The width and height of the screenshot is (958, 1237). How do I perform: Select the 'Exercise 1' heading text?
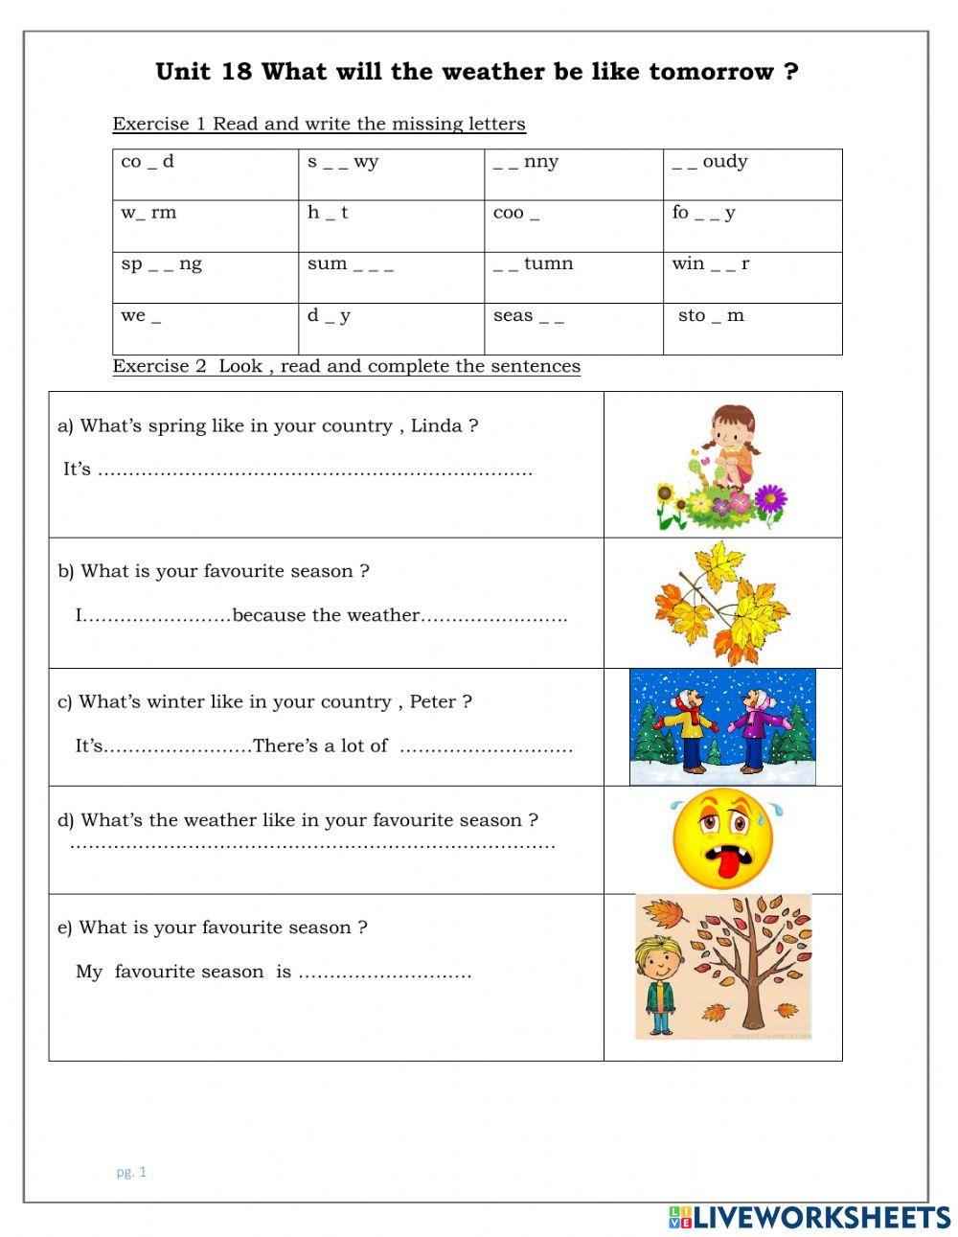159,124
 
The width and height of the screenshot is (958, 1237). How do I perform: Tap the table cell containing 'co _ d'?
205,174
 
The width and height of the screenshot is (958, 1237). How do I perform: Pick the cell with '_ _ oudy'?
752,174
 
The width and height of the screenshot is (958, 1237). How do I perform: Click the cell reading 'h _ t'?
391,226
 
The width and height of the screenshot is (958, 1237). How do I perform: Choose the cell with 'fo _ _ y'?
752,226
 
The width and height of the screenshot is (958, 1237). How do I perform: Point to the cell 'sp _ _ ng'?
205,277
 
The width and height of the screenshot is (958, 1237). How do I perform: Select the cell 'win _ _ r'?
752,277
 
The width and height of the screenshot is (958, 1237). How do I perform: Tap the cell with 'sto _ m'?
752,329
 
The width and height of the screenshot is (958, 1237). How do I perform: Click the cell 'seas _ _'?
573,329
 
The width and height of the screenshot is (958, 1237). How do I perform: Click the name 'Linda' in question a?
436,426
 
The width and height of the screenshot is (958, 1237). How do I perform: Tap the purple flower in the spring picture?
769,498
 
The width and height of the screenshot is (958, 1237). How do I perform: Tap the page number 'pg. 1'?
131,1171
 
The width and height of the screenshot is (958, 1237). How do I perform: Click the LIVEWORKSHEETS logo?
810,1217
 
